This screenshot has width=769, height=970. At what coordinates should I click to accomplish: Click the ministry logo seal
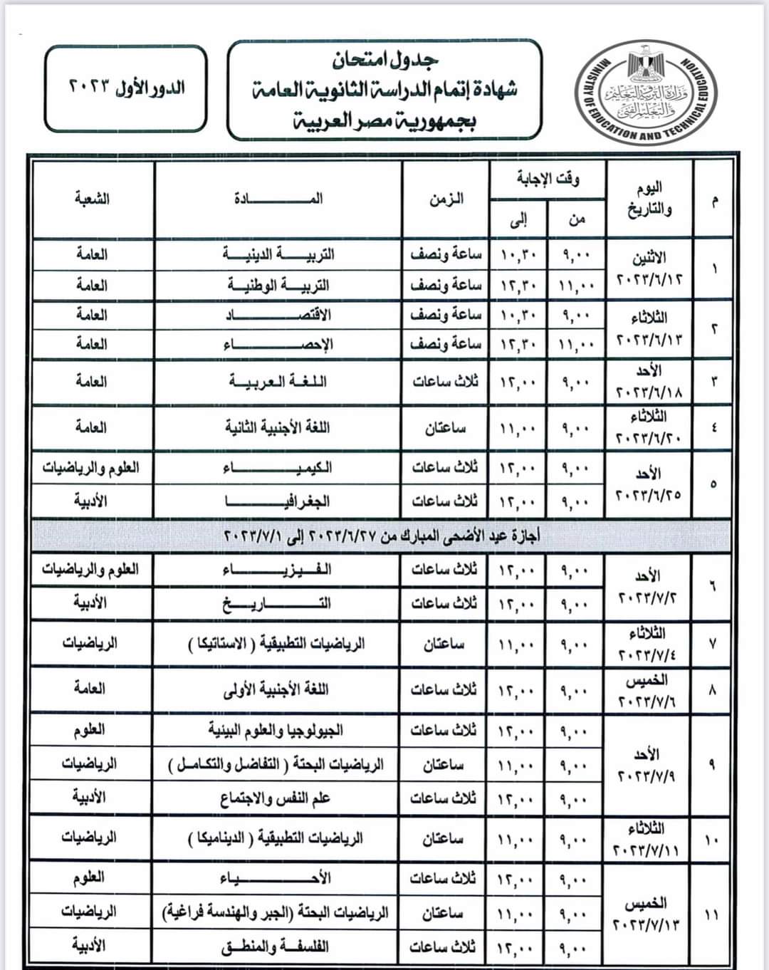coord(646,91)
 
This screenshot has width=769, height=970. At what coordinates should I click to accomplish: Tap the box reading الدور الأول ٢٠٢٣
coord(126,88)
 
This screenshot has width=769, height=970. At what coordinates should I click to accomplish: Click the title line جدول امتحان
coord(385,61)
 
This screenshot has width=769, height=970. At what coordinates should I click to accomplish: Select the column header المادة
coord(278,199)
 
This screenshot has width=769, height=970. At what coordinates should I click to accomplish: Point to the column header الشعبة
coord(92,199)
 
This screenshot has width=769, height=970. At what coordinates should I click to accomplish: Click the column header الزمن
coord(446,199)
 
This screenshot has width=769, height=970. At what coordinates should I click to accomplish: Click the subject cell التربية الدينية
coord(278,254)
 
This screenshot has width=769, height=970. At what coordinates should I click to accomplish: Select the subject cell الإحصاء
coord(278,345)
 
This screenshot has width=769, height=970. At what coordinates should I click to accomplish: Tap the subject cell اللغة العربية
coord(278,382)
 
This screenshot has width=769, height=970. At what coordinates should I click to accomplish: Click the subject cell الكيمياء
coord(278,468)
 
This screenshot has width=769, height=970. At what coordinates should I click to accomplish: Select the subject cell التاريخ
coord(278,604)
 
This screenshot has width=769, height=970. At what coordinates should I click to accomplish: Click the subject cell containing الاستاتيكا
coord(278,644)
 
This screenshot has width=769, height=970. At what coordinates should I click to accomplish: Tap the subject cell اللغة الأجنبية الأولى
coord(278,689)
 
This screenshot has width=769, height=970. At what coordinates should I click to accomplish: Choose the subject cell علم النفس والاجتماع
coord(278,798)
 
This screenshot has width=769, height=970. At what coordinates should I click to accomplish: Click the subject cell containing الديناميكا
coord(278,839)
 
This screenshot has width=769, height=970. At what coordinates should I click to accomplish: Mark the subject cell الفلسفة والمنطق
coord(278,947)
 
